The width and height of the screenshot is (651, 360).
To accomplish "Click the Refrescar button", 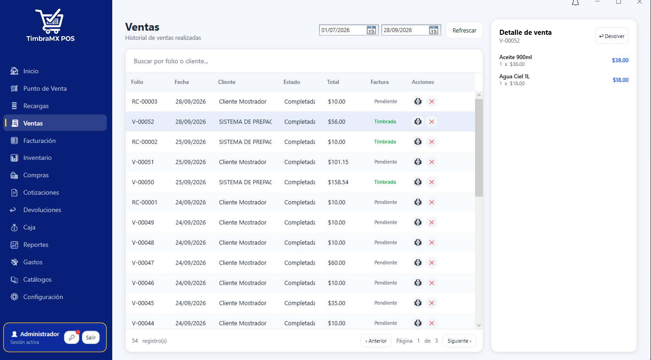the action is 464,30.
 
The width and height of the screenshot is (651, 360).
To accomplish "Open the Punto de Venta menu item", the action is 45,88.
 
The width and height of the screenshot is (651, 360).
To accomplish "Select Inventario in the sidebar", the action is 37,158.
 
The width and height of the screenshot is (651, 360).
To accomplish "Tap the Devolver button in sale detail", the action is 612,36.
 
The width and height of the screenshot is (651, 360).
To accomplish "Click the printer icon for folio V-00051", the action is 418,162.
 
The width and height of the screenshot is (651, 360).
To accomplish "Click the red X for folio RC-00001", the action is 432,202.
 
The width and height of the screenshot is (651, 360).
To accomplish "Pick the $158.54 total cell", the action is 338,182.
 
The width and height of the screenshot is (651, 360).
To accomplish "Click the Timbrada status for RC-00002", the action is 385,142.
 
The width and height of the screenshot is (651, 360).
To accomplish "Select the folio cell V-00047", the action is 142,262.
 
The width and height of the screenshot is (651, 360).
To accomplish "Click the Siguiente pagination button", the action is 459,341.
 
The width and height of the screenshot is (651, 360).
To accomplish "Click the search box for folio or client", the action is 304,61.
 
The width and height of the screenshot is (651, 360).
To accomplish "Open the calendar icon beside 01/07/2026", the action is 371,30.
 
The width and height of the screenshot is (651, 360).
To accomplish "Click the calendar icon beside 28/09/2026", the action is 433,30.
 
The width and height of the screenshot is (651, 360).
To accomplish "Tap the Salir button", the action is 91,338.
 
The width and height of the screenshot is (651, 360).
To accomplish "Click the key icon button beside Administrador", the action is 72,338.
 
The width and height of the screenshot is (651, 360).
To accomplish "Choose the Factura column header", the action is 379,82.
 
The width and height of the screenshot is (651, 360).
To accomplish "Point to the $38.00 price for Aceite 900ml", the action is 620,60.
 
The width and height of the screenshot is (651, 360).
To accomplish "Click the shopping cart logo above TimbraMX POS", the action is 50,21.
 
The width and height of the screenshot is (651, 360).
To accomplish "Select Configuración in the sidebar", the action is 43,297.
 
